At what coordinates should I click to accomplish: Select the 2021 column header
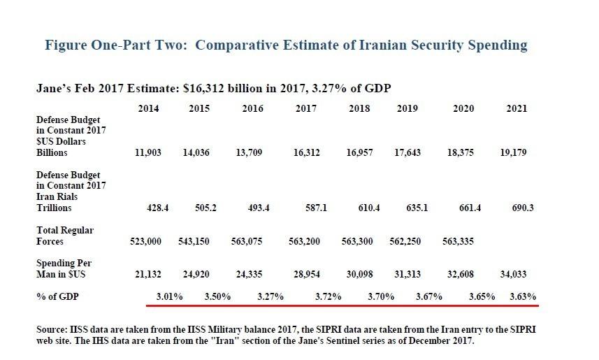pyautogui.click(x=517, y=109)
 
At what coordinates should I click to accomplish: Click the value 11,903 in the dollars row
pyautogui.click(x=148, y=152)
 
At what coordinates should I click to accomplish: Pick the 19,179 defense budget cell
pyautogui.click(x=514, y=152)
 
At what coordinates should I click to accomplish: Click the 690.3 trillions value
pyautogui.click(x=516, y=208)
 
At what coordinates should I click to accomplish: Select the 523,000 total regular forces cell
pyautogui.click(x=145, y=241)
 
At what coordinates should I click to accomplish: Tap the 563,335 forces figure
pyautogui.click(x=459, y=241)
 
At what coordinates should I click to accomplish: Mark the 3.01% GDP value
pyautogui.click(x=168, y=296)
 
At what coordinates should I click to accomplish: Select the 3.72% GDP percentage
pyautogui.click(x=328, y=296)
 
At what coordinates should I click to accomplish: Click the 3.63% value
pyautogui.click(x=523, y=296)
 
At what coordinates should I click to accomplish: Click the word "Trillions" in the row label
pyautogui.click(x=54, y=208)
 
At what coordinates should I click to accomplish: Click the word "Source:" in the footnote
pyautogui.click(x=51, y=329)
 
